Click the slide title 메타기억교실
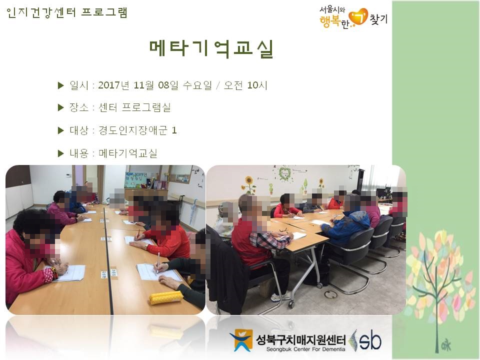point(211,48)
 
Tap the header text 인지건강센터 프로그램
point(66,13)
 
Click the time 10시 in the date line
point(257,85)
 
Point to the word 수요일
point(197,85)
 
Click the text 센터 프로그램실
point(134,107)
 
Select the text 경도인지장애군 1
point(137,130)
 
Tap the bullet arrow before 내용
point(60,153)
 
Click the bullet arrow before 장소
point(60,107)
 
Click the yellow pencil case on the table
point(166,297)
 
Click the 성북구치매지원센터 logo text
point(301,339)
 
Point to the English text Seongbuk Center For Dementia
point(305,349)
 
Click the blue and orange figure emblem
point(242,340)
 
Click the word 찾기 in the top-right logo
point(379,19)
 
